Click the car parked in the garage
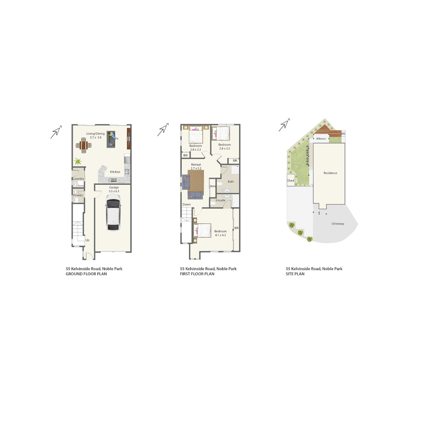tap(113, 215)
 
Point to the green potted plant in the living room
tap(78, 161)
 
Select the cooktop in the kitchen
tap(127, 172)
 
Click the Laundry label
tap(79, 179)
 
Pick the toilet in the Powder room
tap(77, 200)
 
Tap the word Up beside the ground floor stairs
tap(87, 240)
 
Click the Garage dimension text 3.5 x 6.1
tap(114, 191)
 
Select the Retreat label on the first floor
tap(196, 165)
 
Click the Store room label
tap(213, 186)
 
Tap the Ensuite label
tap(220, 200)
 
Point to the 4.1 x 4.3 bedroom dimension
tap(220, 235)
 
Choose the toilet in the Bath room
tap(220, 183)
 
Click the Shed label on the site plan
tap(290, 181)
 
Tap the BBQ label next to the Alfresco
tap(343, 134)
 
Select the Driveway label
tap(338, 224)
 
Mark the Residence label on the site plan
tap(330, 173)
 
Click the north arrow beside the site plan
tap(284, 125)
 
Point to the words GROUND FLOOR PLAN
tap(86, 274)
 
